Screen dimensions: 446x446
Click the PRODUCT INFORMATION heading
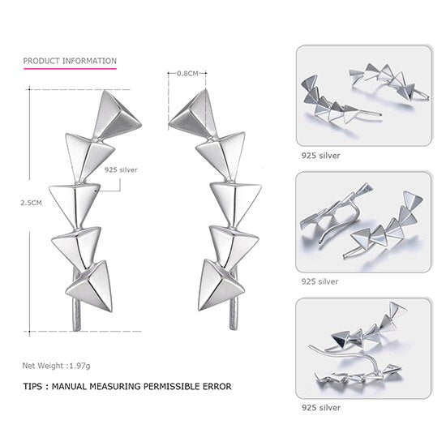[x=70, y=61]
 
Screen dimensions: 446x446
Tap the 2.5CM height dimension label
[x=32, y=204]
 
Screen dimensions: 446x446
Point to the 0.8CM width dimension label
[x=187, y=72]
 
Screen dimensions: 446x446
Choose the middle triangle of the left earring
[x=75, y=199]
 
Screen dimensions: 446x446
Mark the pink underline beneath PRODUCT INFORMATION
[x=70, y=71]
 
